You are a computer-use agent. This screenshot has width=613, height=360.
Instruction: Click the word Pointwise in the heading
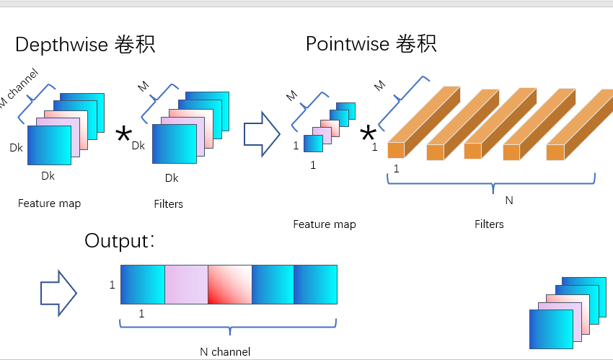347,44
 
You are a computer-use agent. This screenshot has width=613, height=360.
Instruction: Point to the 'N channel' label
225,352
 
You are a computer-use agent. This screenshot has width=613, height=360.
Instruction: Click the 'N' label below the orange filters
508,201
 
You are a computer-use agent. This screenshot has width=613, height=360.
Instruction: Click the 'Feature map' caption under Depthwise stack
49,203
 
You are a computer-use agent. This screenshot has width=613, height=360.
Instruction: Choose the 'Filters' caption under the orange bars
489,224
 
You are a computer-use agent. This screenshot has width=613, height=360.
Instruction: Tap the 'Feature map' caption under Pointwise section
325,224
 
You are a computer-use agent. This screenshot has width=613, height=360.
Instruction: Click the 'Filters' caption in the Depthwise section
168,204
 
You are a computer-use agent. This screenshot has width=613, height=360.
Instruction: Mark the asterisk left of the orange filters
369,134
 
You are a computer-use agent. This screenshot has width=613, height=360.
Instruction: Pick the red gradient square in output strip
230,284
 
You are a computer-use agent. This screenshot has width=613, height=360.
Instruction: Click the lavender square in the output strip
186,284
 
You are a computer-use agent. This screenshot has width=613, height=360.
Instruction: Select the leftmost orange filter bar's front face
396,150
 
